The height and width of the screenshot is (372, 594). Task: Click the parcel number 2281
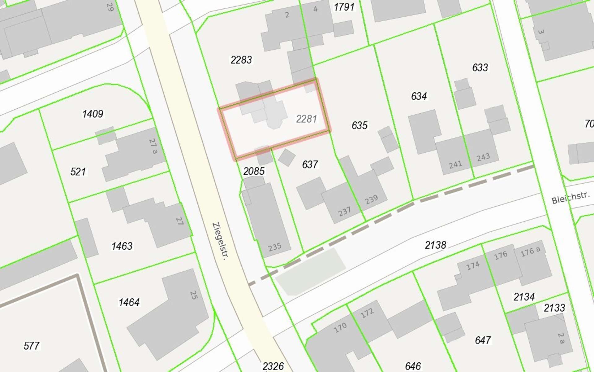[306, 119]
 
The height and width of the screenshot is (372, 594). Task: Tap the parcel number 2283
[241, 60]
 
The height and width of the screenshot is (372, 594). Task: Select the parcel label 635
[359, 125]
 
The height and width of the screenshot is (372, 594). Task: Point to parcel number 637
[310, 164]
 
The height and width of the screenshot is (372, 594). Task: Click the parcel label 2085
[254, 171]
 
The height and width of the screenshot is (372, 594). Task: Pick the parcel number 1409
[93, 114]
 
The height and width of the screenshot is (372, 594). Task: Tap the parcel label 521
[78, 172]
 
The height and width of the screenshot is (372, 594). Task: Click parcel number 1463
[122, 246]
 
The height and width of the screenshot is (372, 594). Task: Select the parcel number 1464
[129, 302]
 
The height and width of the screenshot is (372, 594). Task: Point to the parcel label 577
[32, 346]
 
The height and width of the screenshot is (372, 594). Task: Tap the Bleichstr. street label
[571, 198]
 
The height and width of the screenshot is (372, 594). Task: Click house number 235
[275, 247]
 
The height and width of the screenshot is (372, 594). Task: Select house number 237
[344, 212]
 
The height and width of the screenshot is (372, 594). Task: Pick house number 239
[371, 199]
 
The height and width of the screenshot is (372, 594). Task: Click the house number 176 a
[530, 252]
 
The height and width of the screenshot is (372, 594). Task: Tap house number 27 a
[153, 146]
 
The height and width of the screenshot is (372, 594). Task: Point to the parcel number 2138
[436, 245]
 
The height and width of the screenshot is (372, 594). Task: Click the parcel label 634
[419, 96]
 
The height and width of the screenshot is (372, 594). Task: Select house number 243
[483, 157]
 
